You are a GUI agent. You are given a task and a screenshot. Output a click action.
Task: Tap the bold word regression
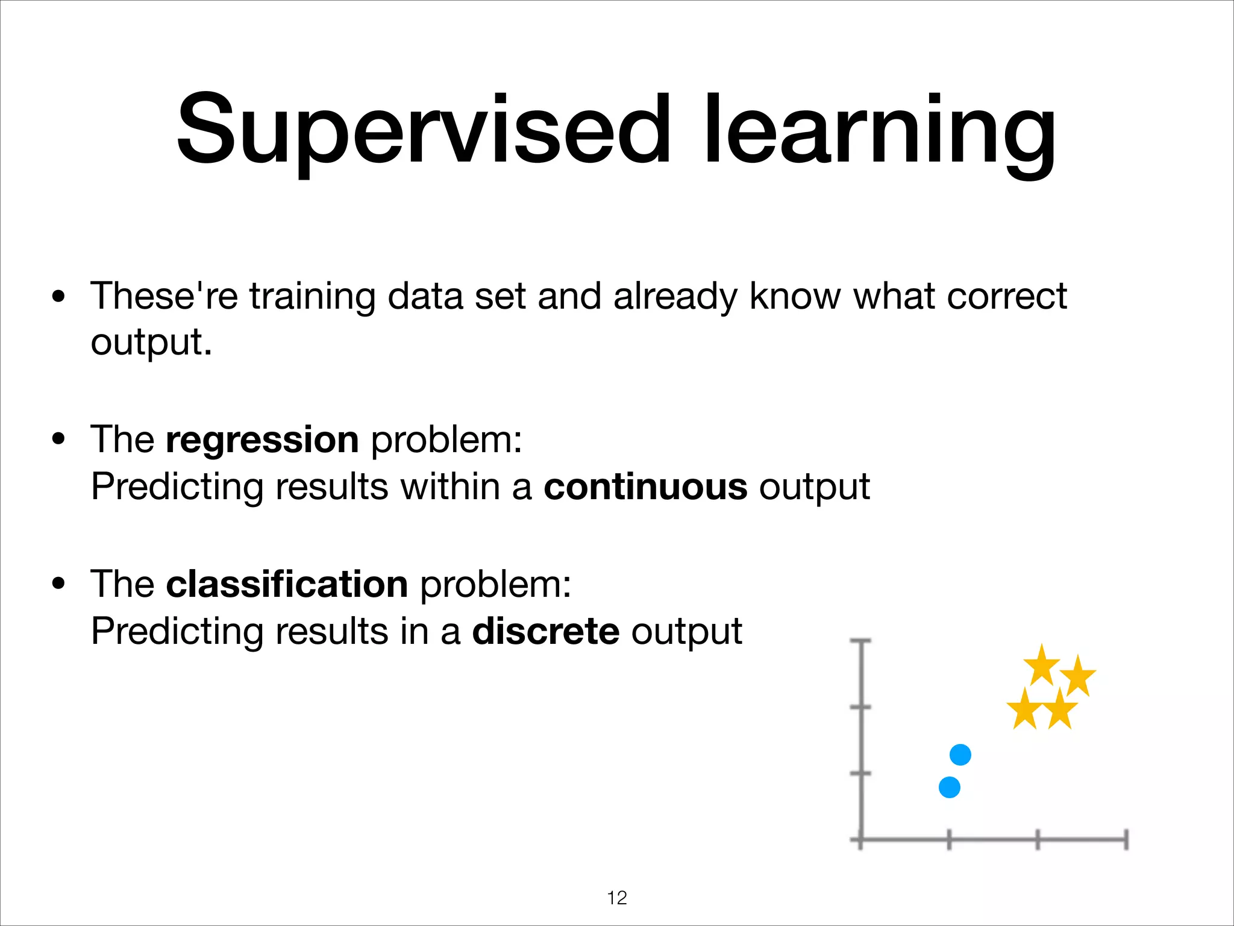point(262,439)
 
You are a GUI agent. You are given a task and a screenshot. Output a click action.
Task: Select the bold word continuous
point(645,487)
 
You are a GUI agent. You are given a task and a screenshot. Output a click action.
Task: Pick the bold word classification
point(287,584)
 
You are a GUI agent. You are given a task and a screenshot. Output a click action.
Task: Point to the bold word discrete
point(545,631)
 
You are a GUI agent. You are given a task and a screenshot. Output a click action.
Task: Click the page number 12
point(617,898)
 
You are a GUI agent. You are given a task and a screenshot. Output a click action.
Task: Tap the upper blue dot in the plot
point(960,755)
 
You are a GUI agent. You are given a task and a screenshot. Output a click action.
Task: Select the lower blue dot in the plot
point(949,787)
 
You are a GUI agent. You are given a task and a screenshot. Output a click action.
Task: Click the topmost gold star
point(1041,666)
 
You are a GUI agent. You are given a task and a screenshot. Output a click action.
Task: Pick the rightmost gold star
point(1078,676)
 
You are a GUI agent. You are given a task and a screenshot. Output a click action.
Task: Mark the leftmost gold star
point(1024,710)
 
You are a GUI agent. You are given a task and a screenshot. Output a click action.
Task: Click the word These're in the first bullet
point(164,296)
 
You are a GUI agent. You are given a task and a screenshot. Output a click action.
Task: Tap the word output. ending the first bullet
point(151,342)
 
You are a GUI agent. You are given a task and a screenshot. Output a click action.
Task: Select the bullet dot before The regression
point(58,439)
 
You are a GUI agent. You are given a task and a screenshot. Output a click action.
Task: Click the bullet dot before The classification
point(58,584)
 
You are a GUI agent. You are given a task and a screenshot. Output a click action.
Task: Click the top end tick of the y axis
point(860,641)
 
